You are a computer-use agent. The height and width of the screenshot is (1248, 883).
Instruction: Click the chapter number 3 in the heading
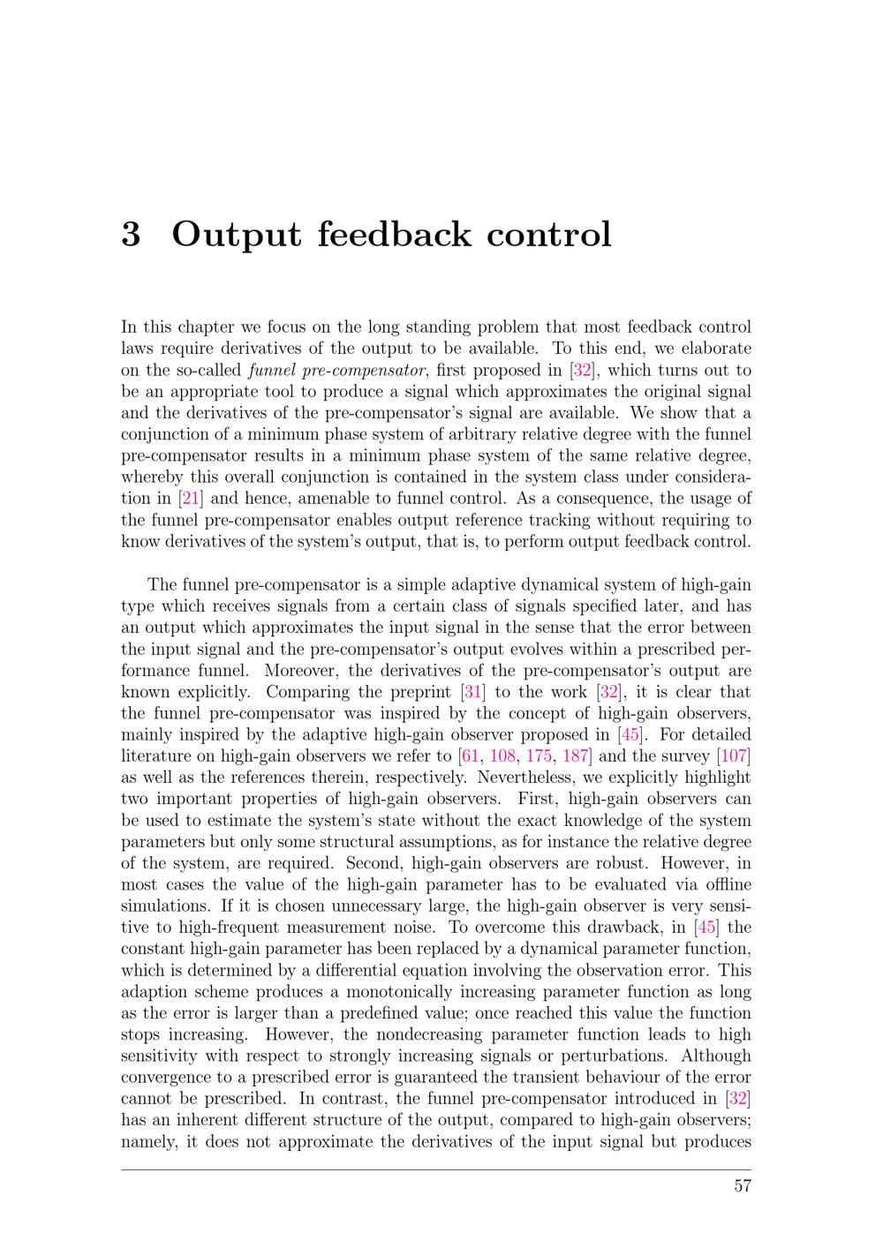[131, 235]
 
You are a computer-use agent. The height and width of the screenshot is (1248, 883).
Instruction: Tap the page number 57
[742, 1185]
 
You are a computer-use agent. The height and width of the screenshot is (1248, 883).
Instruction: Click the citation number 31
[474, 692]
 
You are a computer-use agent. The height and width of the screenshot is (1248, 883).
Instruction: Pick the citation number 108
[502, 756]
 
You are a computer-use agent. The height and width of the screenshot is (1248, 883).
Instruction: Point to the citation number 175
[539, 756]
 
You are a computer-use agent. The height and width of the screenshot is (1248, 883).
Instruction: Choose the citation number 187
[575, 756]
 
